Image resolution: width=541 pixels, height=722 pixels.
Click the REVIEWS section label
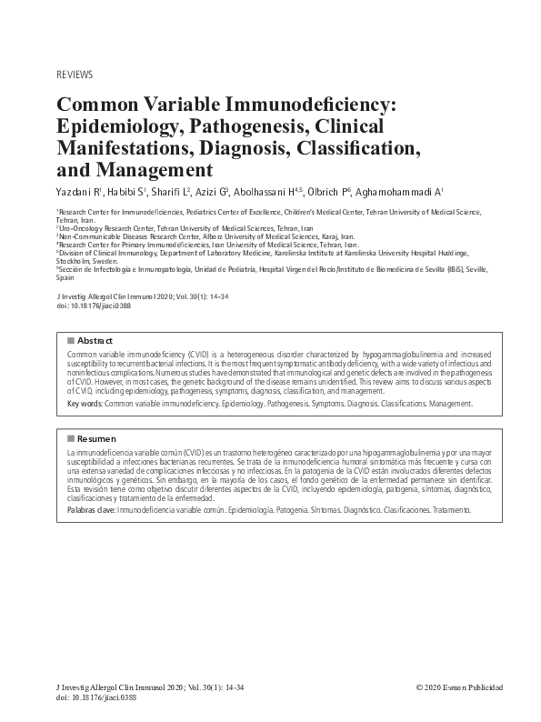[x=75, y=74]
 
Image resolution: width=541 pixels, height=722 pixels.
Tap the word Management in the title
[x=134, y=169]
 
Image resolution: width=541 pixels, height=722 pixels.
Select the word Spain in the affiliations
[x=66, y=277]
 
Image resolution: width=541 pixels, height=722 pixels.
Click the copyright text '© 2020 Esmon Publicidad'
[x=458, y=687]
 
